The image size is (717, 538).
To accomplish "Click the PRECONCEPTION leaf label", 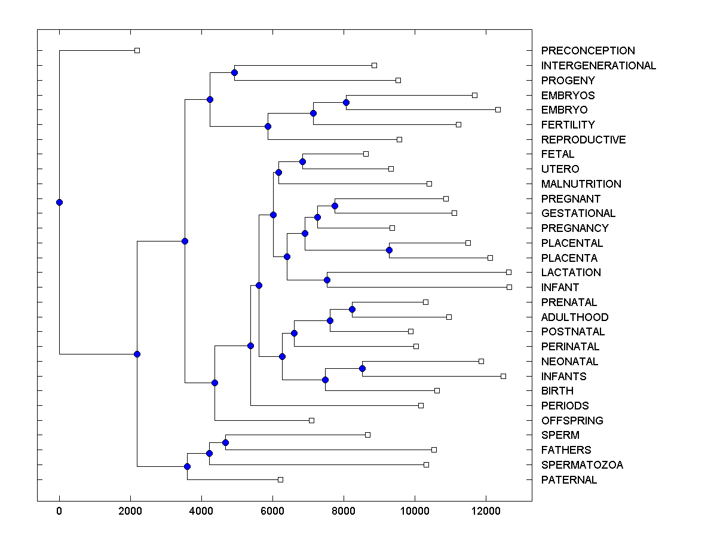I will click(x=588, y=51).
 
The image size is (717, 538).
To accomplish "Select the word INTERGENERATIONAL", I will click(x=599, y=66).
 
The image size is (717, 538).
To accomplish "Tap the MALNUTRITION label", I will click(x=581, y=184).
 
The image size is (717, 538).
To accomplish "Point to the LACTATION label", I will click(x=571, y=273).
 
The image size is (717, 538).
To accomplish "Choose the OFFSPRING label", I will click(x=572, y=421).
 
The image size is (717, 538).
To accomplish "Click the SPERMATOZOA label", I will click(x=582, y=465).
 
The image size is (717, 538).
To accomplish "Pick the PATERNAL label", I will click(x=569, y=480).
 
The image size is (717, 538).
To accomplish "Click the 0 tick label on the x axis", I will click(x=59, y=511).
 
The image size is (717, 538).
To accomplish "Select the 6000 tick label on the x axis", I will click(x=272, y=511).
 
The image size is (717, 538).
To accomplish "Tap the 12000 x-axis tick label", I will click(x=486, y=511).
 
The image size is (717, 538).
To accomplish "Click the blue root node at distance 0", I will click(x=59, y=202).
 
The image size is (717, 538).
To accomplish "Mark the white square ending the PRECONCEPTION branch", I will click(x=137, y=50).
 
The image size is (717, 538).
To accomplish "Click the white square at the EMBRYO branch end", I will click(x=498, y=109).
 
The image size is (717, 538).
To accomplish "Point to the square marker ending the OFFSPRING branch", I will click(x=311, y=420).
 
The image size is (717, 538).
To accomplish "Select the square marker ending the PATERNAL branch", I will click(x=280, y=479).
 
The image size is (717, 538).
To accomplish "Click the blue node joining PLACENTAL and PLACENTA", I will click(x=389, y=250).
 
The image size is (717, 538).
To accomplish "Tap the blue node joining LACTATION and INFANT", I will click(x=327, y=280).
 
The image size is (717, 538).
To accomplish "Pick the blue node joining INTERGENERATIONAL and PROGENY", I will click(x=234, y=72).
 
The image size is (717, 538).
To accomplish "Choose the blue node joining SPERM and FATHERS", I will click(x=225, y=442).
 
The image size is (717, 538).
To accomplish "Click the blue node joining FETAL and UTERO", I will click(x=302, y=161).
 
